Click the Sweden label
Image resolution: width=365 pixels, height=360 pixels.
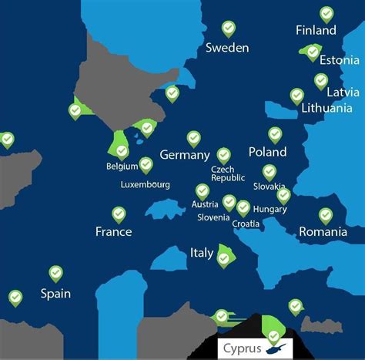pyautogui.click(x=227, y=48)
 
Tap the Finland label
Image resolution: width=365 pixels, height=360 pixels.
pyautogui.click(x=316, y=31)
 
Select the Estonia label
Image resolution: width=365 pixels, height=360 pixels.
pyautogui.click(x=339, y=60)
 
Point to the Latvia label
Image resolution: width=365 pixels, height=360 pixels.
pyautogui.click(x=343, y=93)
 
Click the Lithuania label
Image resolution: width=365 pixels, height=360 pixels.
pyautogui.click(x=327, y=108)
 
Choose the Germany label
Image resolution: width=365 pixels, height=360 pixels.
pyautogui.click(x=185, y=155)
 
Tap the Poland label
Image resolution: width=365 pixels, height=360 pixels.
pyautogui.click(x=267, y=152)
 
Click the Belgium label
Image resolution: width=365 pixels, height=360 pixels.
pyautogui.click(x=122, y=167)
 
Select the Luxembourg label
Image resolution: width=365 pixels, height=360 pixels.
pyautogui.click(x=146, y=185)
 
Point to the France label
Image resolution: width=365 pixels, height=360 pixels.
pyautogui.click(x=113, y=231)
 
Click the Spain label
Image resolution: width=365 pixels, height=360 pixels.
pyautogui.click(x=55, y=294)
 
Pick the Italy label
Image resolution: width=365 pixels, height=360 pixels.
pyautogui.click(x=202, y=253)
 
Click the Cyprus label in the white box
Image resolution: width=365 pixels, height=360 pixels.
pyautogui.click(x=242, y=348)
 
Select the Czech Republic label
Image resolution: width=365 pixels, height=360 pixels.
pyautogui.click(x=228, y=173)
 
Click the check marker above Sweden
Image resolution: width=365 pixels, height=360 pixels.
pyautogui.click(x=229, y=29)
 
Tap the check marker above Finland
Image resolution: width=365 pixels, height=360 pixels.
pyautogui.click(x=326, y=14)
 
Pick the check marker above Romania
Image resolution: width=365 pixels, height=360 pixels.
pyautogui.click(x=326, y=214)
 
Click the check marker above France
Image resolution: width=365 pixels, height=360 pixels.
pyautogui.click(x=119, y=214)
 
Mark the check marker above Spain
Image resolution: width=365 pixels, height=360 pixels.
pyautogui.click(x=55, y=273)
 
